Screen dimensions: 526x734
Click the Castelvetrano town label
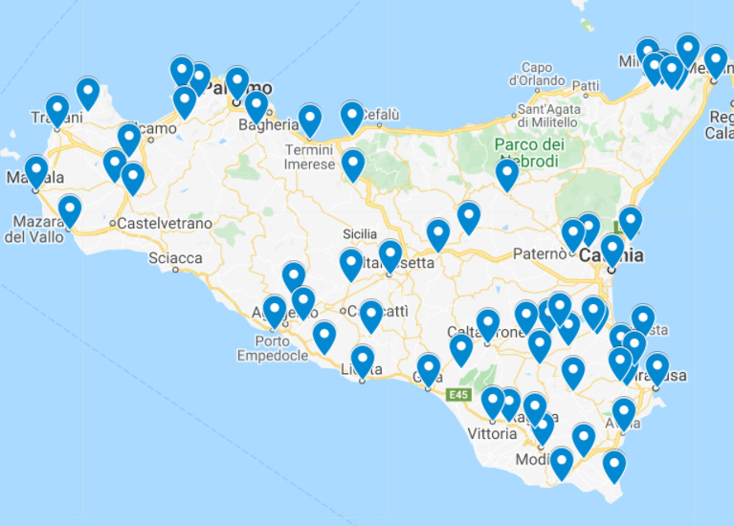[x=164, y=223]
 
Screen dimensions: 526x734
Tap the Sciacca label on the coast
[x=175, y=258]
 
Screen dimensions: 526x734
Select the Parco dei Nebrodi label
[x=529, y=152]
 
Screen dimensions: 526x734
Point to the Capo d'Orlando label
[x=538, y=75]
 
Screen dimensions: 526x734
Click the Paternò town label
[x=540, y=253]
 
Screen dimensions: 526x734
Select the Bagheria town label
[x=269, y=124]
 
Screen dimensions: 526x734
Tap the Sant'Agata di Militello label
[x=549, y=115]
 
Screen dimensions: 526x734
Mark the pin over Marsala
[x=36, y=172]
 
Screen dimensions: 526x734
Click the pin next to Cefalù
[x=352, y=117]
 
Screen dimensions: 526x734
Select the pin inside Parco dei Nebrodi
[x=506, y=175]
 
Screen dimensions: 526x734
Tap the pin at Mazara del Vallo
[x=69, y=210]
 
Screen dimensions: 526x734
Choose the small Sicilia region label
[x=360, y=233]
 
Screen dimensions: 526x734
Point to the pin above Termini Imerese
[x=309, y=121]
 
